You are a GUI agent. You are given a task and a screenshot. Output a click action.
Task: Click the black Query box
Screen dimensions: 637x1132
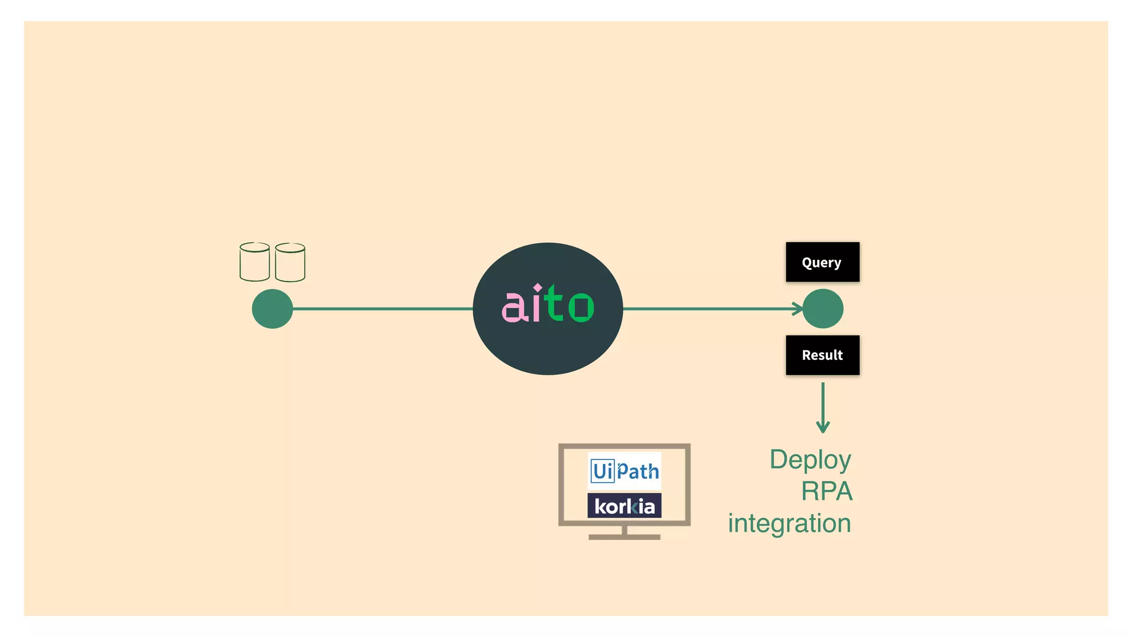pos(822,262)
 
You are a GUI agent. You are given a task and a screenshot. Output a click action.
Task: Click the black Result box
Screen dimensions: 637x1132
pos(822,355)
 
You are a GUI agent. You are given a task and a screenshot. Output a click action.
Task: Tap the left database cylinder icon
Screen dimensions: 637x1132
pos(254,262)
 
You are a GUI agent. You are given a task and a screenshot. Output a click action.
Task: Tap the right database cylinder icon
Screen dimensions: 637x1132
pos(290,263)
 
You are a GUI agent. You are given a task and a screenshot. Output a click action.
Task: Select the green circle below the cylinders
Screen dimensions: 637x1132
pos(272,309)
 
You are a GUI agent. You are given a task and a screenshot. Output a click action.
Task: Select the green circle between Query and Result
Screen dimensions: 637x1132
pos(823,309)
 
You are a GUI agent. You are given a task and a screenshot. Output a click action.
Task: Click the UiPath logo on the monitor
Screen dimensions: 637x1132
pos(625,471)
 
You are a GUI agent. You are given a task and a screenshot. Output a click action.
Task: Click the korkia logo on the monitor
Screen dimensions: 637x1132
pos(625,506)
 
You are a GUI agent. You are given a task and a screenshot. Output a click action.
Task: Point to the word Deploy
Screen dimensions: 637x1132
pos(810,460)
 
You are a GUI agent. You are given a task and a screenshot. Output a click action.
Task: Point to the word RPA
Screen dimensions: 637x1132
pos(827,491)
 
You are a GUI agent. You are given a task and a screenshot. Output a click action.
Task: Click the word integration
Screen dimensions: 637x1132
pos(789,523)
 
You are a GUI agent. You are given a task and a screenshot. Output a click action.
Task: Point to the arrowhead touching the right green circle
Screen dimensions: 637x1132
pos(798,309)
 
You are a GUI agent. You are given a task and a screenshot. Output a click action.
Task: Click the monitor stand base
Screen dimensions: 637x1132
pos(625,536)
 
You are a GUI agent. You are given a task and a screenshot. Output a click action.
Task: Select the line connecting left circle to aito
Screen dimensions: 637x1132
pos(381,309)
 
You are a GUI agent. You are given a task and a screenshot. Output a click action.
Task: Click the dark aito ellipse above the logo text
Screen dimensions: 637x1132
pos(548,263)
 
